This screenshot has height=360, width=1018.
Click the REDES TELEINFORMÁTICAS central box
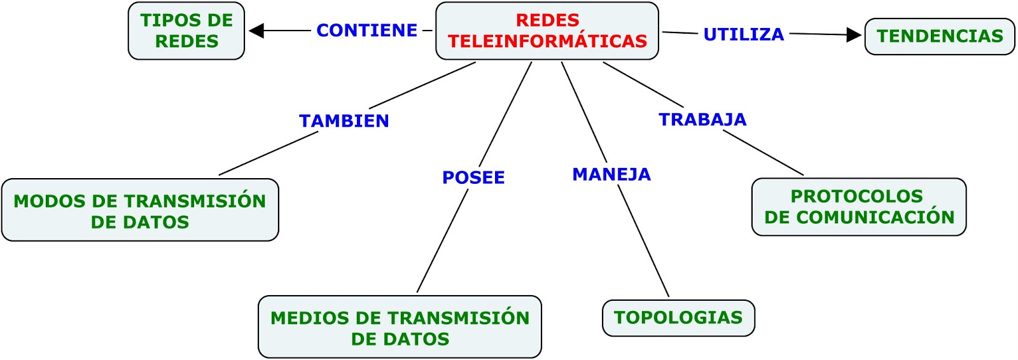(547, 31)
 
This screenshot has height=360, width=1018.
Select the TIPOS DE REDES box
(186, 31)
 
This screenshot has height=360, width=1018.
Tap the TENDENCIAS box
(940, 36)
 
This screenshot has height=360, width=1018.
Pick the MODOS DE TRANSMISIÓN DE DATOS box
(140, 211)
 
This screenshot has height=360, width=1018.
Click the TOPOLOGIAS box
(678, 318)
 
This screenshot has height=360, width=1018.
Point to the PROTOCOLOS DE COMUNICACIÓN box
(859, 207)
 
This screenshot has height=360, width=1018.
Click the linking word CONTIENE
(367, 31)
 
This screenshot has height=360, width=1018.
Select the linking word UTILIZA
(744, 34)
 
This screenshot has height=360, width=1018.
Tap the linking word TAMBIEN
(344, 121)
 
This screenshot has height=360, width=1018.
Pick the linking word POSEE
(473, 177)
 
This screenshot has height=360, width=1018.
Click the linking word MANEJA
(611, 174)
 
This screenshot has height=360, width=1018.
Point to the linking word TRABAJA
(702, 120)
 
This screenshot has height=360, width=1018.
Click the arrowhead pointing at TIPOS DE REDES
(256, 31)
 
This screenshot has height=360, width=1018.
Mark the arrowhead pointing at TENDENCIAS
(854, 35)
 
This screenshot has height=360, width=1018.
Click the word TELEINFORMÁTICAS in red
(547, 41)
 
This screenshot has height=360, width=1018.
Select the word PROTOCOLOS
(856, 197)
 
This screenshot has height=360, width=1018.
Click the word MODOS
(50, 202)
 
